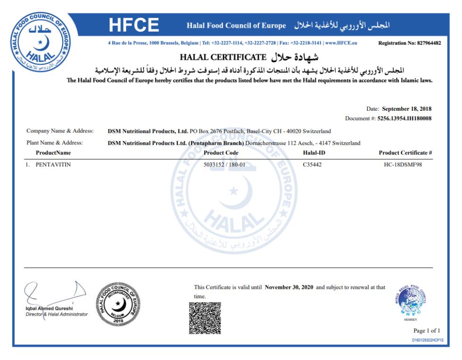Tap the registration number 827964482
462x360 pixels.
point(429,43)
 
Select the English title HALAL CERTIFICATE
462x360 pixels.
point(223,57)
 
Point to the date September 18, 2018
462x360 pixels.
point(406,109)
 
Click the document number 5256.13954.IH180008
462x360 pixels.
point(404,118)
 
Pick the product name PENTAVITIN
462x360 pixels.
point(53,165)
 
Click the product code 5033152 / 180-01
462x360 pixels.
point(221,165)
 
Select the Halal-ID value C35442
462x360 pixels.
point(313,165)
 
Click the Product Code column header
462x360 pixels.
point(221,153)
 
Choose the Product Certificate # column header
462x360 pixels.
point(405,153)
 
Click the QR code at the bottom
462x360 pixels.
point(205,318)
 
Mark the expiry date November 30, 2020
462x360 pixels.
point(289,287)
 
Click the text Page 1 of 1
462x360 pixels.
point(427,330)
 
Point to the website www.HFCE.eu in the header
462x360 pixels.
point(341,43)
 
